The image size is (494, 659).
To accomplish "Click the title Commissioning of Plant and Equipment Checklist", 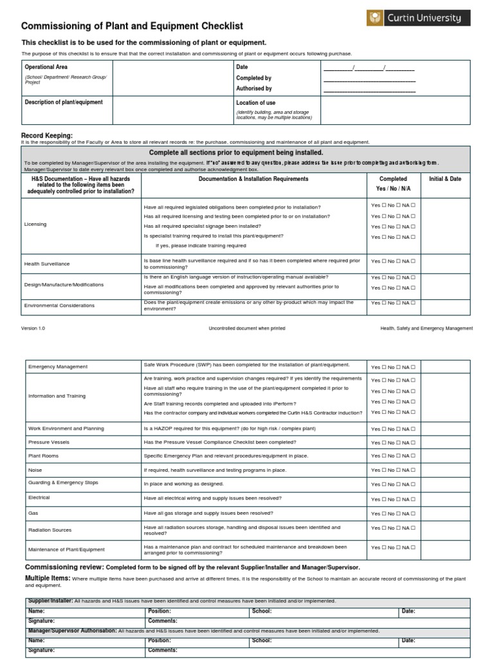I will pos(133,26).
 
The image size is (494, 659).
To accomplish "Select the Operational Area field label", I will pos(46,67).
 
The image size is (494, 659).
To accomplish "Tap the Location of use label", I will pos(256,103).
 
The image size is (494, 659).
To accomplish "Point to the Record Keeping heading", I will pos(47,136).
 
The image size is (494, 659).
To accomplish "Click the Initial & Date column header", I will pos(445,179).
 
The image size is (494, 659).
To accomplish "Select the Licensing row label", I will pos(35,225).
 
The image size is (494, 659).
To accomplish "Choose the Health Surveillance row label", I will pos(47,264).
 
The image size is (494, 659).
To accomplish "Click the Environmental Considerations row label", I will pos(59,306).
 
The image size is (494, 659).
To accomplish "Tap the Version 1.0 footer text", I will pos(33,328).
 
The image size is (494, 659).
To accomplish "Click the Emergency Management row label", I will pos(58,367).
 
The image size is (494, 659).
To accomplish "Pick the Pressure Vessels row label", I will pos(49,443).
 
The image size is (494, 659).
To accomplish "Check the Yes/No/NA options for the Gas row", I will pos(393,514).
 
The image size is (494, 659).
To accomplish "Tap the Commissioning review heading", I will pos(64,567).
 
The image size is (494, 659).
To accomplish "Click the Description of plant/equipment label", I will pos(64,102).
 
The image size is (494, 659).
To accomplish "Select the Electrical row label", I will pos(39,497).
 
